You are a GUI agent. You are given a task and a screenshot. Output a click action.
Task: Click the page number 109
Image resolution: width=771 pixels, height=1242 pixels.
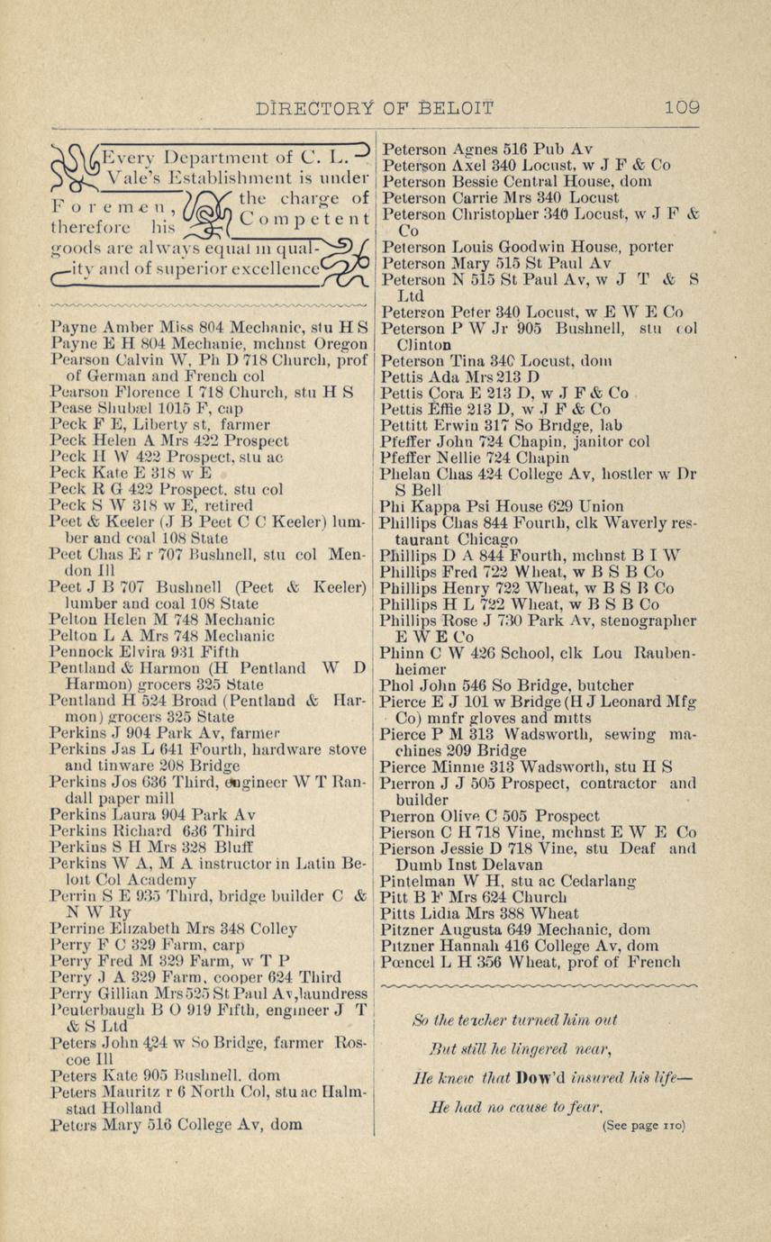tap(682, 108)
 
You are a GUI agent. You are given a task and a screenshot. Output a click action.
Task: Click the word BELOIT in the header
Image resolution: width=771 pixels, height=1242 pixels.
tap(454, 108)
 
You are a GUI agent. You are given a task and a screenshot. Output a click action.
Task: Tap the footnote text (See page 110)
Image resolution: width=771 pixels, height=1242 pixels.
tap(643, 1125)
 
